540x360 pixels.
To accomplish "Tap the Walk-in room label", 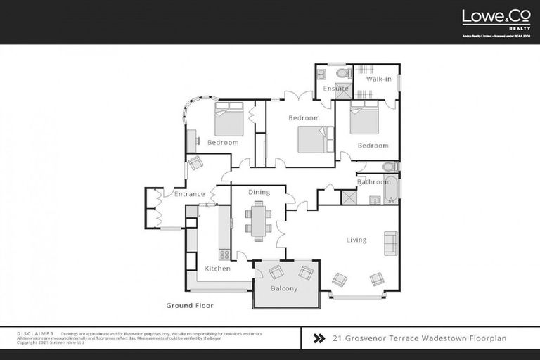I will (378, 79).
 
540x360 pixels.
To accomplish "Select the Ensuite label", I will (335, 89).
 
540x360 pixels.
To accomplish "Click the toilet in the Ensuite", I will (342, 72).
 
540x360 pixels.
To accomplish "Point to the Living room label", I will (356, 240).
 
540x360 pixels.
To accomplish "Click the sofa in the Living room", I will (390, 243).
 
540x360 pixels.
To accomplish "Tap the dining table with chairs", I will (259, 219).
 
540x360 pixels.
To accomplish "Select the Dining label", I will (259, 192).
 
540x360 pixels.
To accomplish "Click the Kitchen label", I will (217, 269).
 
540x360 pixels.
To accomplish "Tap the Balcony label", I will (284, 288).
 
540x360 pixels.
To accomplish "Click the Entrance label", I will (190, 194).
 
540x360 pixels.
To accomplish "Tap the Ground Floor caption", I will (189, 306).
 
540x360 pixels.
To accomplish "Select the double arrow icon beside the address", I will (318, 338).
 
